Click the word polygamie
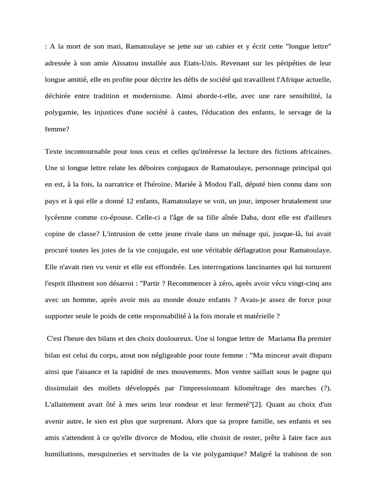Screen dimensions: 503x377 pyautogui.click(x=61, y=112)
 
